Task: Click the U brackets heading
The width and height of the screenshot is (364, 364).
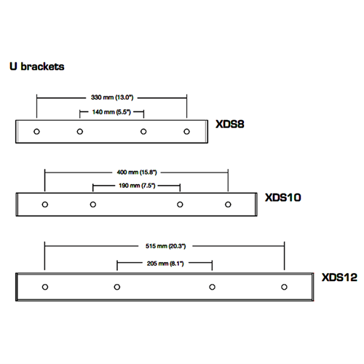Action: tap(37, 66)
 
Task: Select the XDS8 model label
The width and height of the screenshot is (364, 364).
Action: tap(230, 124)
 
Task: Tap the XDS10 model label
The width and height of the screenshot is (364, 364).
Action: tap(283, 197)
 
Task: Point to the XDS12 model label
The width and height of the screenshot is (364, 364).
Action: tap(339, 277)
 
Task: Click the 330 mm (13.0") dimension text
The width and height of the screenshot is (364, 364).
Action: tap(112, 98)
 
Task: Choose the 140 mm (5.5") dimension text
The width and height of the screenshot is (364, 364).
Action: tap(111, 112)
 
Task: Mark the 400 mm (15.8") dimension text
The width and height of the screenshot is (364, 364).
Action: tap(137, 173)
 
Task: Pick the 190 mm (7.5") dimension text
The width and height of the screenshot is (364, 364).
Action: tap(137, 186)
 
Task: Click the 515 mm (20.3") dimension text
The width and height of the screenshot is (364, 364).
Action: tap(165, 246)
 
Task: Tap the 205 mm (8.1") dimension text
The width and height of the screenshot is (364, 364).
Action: tap(165, 264)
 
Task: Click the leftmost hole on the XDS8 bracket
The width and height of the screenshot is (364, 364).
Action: tap(36, 132)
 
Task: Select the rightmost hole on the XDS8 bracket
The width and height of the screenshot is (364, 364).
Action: tap(186, 132)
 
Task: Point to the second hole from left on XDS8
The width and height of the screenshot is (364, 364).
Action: tap(80, 132)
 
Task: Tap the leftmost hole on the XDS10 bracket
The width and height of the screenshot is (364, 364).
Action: tap(45, 205)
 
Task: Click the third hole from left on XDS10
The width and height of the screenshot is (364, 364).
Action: tap(180, 205)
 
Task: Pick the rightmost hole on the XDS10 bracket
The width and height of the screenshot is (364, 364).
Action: tap(228, 205)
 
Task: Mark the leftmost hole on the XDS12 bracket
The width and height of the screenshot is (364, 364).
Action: tap(45, 287)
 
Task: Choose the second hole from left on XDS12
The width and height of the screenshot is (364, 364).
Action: tap(117, 287)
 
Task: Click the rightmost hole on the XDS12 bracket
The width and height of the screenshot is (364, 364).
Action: tap(284, 287)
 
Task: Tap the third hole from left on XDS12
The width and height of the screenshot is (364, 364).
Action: tap(212, 287)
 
